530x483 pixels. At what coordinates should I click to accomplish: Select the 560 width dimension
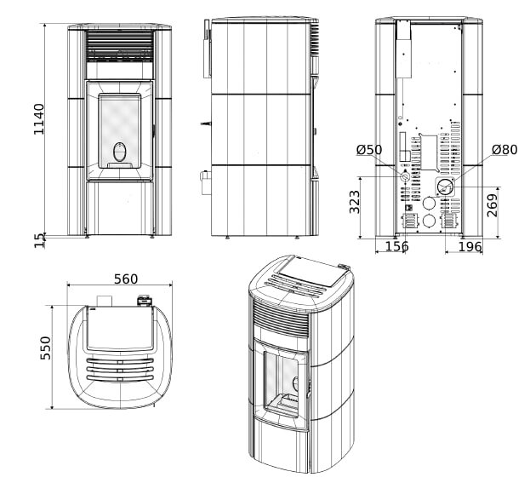[125, 279]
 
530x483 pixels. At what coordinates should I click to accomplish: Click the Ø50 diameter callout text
[369, 150]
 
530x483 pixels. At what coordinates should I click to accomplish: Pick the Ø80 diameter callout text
[504, 150]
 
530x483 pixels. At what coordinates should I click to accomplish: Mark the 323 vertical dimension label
[355, 202]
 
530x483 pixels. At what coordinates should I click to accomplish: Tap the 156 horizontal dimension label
[396, 247]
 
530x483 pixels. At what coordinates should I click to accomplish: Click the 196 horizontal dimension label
[470, 247]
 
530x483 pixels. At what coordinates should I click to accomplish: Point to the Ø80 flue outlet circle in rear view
[444, 187]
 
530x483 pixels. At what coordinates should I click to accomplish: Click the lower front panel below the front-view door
[120, 208]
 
